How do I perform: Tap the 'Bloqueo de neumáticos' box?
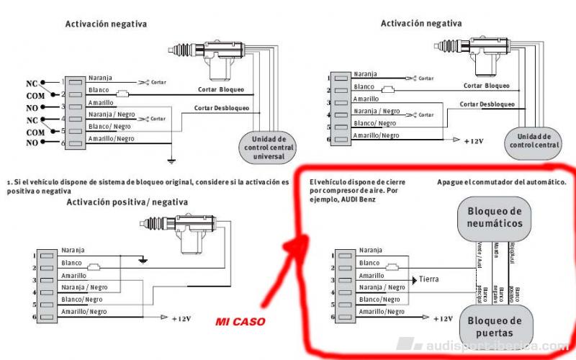coord(494,218)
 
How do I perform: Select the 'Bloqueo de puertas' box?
coord(494,326)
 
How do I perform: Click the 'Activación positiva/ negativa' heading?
coord(127,202)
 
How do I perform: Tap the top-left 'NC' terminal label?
coord(32,84)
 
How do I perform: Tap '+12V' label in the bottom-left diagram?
coord(183,318)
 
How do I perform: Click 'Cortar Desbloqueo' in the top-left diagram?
coord(222,108)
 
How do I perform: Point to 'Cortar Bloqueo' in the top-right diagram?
coord(486,85)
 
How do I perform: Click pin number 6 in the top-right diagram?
coord(328,140)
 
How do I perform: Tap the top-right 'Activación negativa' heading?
coord(421,23)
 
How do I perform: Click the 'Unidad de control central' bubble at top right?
coord(534,140)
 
